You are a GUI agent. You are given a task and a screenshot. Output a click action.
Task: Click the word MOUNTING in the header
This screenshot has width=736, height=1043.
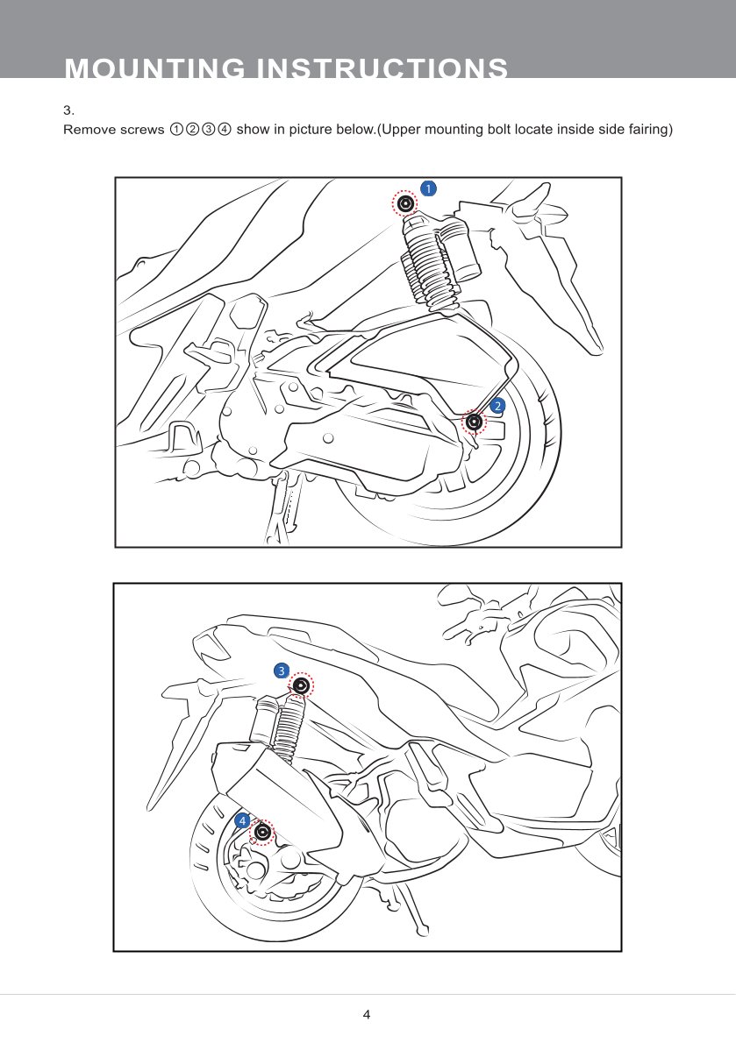pyautogui.click(x=155, y=68)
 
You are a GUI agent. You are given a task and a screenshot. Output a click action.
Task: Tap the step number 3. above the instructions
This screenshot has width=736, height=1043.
pyautogui.click(x=68, y=110)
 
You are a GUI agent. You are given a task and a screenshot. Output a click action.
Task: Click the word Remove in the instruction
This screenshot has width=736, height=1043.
pyautogui.click(x=89, y=130)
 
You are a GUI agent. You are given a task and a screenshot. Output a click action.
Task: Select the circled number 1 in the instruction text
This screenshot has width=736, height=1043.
pyautogui.click(x=175, y=130)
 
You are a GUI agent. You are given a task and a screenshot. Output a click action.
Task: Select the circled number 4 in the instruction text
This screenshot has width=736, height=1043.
pyautogui.click(x=225, y=130)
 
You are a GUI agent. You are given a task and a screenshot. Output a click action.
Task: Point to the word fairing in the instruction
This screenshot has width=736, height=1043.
pyautogui.click(x=649, y=130)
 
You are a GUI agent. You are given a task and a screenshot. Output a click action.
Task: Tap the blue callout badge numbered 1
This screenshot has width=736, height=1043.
pyautogui.click(x=429, y=188)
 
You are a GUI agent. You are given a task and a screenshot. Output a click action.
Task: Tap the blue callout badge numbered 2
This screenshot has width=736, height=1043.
pyautogui.click(x=497, y=406)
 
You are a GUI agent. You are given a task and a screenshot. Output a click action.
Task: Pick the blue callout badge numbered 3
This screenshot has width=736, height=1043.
pyautogui.click(x=282, y=670)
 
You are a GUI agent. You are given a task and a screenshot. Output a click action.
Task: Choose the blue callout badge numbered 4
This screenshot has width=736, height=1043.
pyautogui.click(x=242, y=821)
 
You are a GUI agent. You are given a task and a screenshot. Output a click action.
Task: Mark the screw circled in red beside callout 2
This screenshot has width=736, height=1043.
pyautogui.click(x=475, y=422)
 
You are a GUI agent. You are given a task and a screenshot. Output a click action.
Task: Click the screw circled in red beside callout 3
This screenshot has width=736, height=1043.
pyautogui.click(x=302, y=685)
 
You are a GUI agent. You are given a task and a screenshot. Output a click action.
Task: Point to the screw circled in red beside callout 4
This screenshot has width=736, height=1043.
pyautogui.click(x=263, y=832)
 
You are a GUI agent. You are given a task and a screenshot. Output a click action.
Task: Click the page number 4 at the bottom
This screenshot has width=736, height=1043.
pyautogui.click(x=367, y=1014)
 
